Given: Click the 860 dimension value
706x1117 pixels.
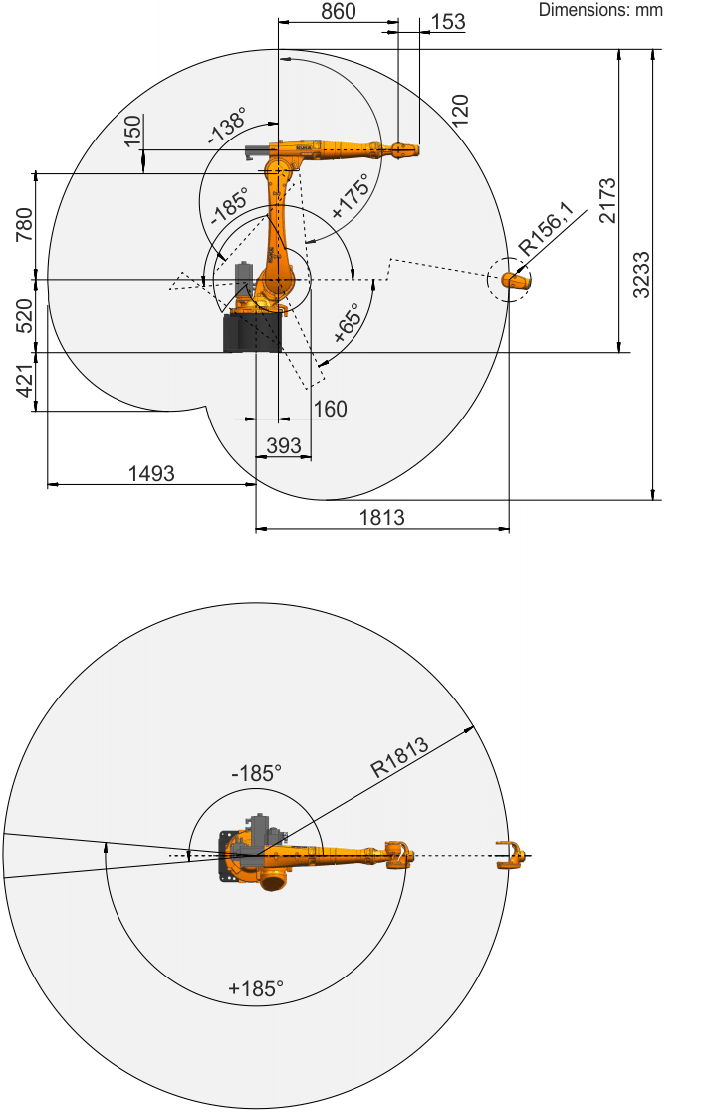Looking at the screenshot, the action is [x=338, y=11].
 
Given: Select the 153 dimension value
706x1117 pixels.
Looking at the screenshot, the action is [x=448, y=22].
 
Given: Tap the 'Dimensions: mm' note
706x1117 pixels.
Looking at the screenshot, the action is [x=600, y=10].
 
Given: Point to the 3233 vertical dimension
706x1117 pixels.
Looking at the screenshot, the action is [x=641, y=275].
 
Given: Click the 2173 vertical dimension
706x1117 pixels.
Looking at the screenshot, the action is [x=607, y=201].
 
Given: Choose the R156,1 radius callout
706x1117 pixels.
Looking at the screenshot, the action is [x=546, y=228].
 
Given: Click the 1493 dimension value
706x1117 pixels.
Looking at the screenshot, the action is [x=151, y=473].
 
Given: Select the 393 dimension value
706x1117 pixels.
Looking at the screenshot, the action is [x=283, y=446].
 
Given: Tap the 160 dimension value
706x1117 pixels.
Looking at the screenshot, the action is [x=331, y=409].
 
